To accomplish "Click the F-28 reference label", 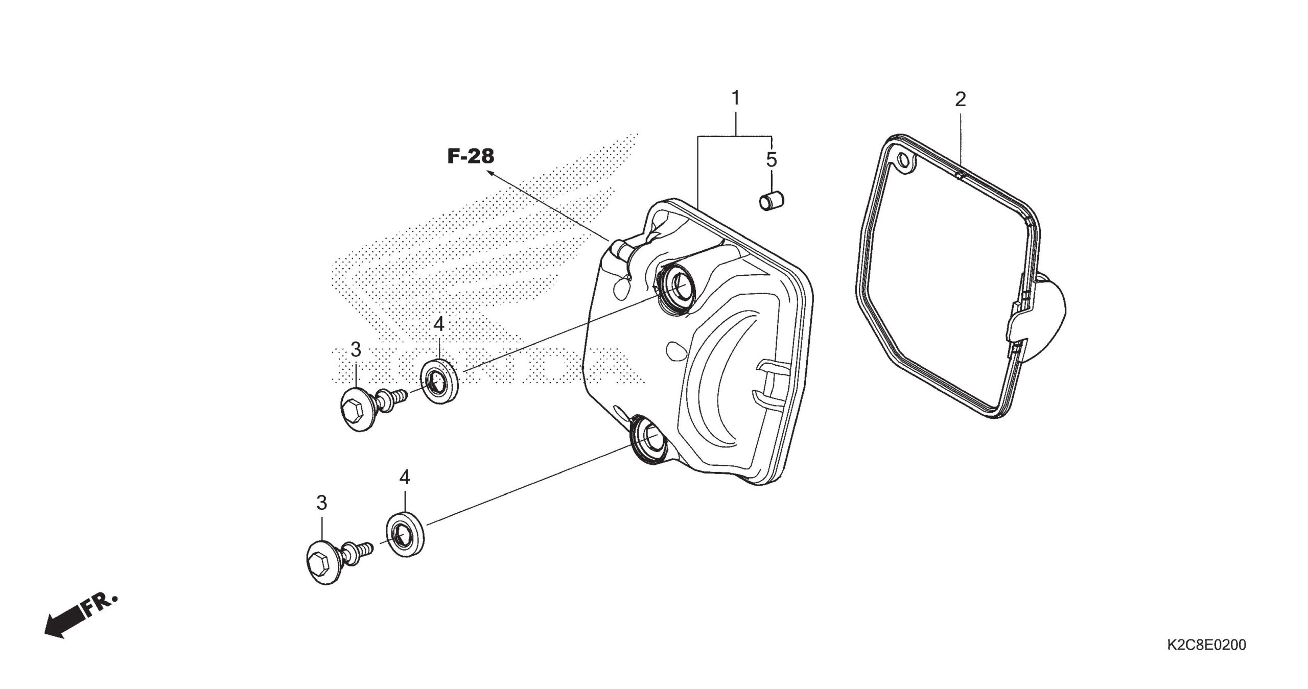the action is pos(471,157).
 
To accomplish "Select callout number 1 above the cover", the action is pos(736,98).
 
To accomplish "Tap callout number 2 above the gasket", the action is pos(961,100).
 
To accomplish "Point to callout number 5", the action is pos(771,160).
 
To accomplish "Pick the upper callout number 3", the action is pos(356,350).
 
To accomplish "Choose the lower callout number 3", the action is pos(321,503).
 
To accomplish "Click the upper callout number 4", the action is pos(439,324).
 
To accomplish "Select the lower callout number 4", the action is pos(405,478).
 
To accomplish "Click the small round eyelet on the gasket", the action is pos(905,161).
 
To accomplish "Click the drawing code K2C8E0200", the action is pos(1206,645).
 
